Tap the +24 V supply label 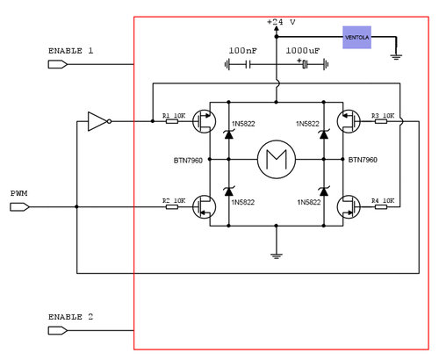281,21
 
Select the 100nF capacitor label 242,50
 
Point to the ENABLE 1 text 70,51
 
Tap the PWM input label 19,193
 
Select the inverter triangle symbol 97,121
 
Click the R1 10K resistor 172,120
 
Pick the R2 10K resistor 172,206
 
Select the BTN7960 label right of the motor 363,160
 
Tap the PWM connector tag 19,207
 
